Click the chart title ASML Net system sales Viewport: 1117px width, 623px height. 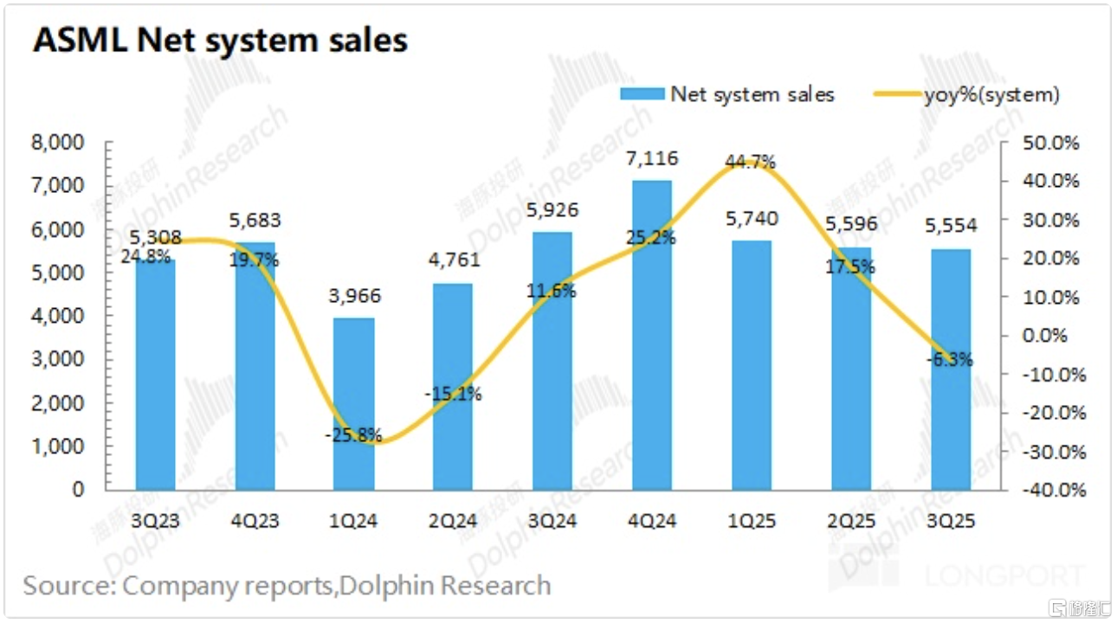220,41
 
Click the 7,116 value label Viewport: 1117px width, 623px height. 654,158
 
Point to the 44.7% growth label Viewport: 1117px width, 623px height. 750,162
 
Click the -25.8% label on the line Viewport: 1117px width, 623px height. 353,436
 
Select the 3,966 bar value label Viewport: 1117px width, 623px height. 354,297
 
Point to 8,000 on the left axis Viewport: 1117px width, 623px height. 68,143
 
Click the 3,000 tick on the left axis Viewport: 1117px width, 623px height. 68,359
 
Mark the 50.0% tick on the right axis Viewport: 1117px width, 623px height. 1051,143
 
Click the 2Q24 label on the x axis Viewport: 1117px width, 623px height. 454,521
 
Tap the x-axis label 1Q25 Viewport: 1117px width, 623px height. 752,521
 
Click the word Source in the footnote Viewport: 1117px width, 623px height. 64,586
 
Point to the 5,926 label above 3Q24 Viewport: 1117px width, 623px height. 553,209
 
